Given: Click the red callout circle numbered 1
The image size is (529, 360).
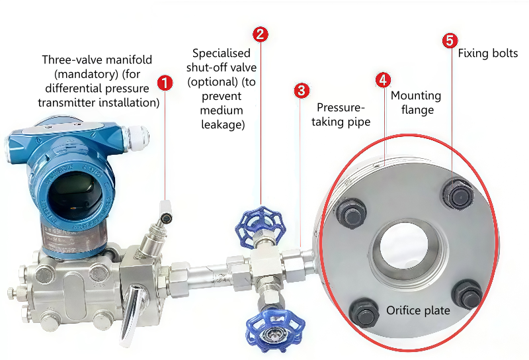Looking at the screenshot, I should point(165,83).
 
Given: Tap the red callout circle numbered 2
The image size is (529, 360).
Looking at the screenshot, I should point(261,34).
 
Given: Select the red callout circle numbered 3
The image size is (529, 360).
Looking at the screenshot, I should point(301,90).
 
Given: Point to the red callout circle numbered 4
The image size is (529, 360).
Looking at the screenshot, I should point(383,80).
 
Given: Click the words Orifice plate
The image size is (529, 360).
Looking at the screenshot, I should point(418,310).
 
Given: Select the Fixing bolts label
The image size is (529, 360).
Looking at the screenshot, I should point(488,53).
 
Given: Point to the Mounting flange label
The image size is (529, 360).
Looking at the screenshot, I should point(416,103).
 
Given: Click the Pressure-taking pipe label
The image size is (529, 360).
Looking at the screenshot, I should point(343,114).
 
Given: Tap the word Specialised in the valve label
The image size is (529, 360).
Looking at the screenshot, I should point(222,53).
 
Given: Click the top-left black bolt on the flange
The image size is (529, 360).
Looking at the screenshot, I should point(351,213).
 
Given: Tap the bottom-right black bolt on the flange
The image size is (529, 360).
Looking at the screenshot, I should point(467,295).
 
